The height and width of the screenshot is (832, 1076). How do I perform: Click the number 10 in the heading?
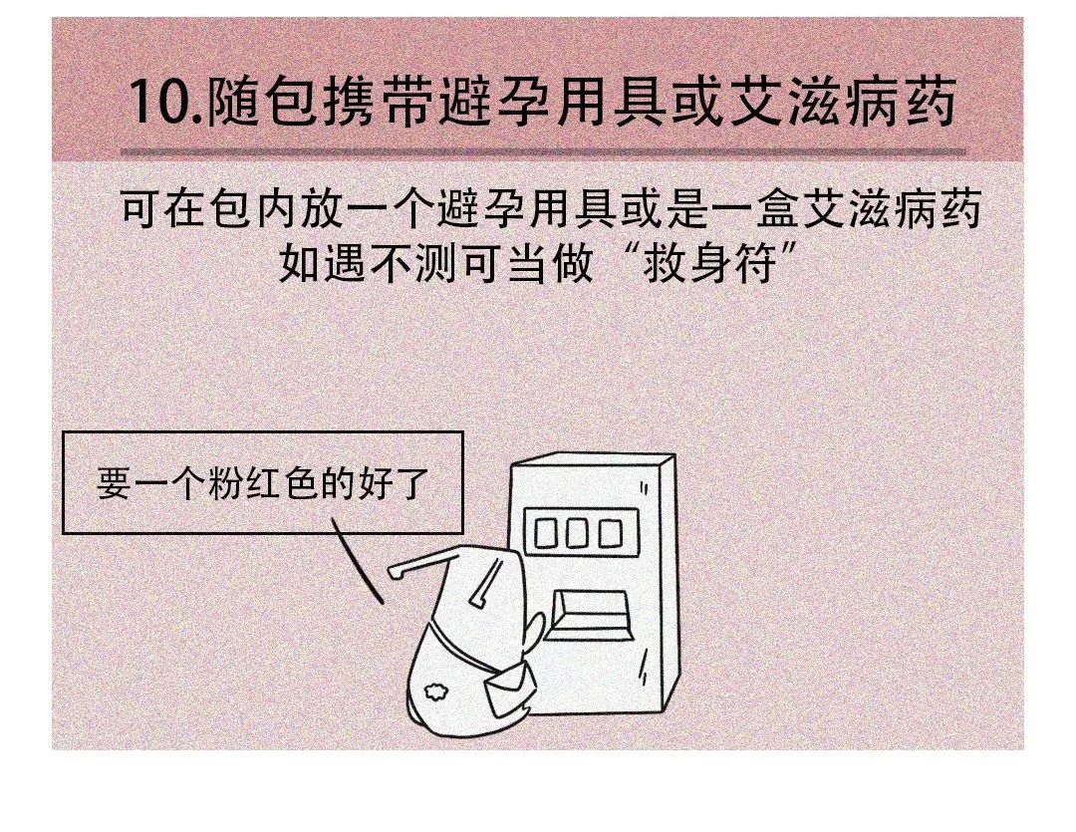click(159, 103)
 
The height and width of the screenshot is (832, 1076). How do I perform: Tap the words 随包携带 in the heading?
click(319, 103)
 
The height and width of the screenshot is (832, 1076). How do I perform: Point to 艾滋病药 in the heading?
click(843, 103)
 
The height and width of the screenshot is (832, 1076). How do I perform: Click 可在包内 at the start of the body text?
click(209, 208)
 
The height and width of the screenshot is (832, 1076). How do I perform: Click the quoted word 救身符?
click(710, 262)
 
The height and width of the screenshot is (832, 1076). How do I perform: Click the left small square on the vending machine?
click(547, 533)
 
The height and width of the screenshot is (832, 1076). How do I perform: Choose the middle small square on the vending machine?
click(577, 533)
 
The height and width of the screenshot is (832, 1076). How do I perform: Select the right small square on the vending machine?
click(610, 533)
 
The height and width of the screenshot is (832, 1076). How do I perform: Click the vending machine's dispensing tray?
click(593, 614)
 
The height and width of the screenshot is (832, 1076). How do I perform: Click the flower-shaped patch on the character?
click(434, 691)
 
